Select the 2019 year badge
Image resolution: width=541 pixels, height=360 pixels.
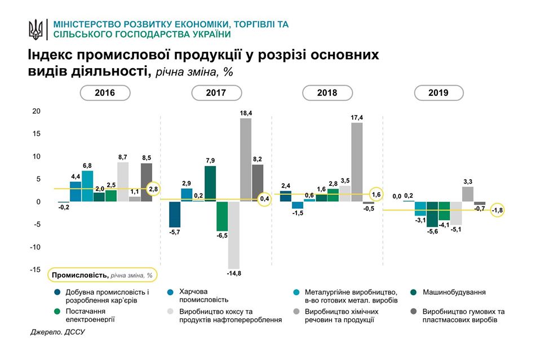point(438,93)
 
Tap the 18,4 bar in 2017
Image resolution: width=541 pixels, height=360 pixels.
point(246,159)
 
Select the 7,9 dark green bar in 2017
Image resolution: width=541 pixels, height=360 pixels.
point(210,184)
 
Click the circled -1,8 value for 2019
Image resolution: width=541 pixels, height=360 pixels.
point(498,211)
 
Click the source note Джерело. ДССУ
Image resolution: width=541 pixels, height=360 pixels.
point(60,333)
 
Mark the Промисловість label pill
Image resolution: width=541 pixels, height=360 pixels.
point(102,275)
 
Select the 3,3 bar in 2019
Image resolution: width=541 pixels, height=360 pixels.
point(468,194)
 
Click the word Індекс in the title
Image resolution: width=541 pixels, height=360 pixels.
point(49,55)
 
